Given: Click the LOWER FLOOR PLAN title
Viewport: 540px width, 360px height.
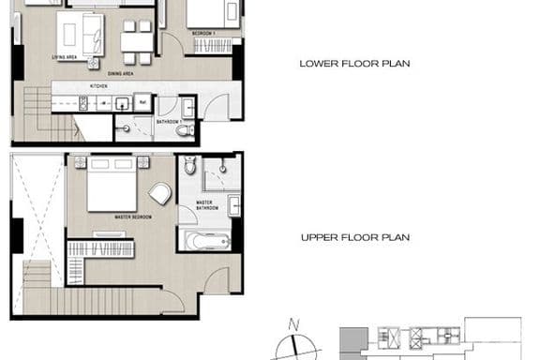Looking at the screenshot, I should [x=355, y=65].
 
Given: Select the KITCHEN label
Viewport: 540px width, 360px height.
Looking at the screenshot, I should [x=99, y=86].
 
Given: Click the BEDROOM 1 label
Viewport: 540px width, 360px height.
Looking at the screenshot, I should [x=203, y=33].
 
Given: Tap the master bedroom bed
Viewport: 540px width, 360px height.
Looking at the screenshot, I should [x=112, y=187].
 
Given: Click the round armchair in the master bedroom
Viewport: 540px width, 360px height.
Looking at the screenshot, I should [x=160, y=195].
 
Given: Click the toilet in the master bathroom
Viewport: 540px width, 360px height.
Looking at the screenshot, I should [x=190, y=168].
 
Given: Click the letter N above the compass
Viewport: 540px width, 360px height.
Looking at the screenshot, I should [x=293, y=325].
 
